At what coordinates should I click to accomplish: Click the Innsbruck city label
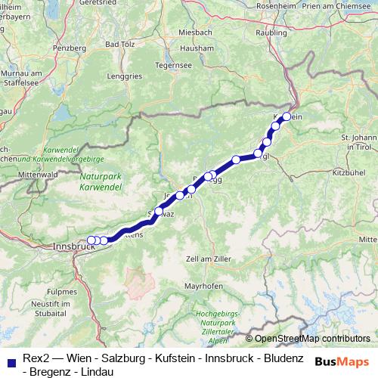point(73,246)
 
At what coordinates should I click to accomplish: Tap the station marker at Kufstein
point(287,116)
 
